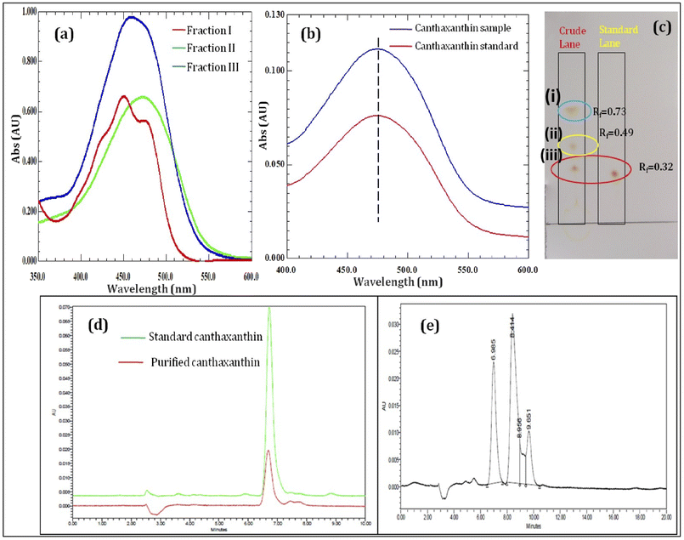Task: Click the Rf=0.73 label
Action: point(609,112)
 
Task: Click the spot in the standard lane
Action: point(613,174)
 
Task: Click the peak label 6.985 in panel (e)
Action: point(494,358)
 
